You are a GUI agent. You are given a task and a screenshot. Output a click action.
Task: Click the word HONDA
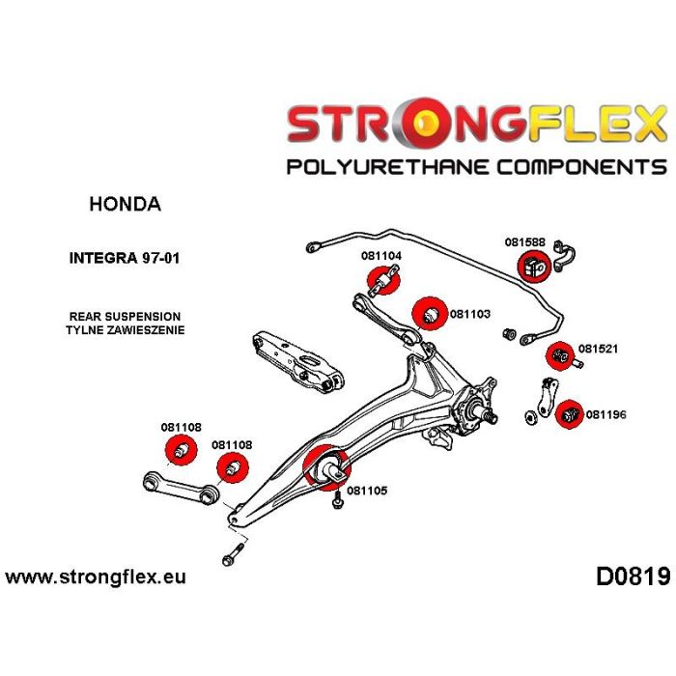coord(126,205)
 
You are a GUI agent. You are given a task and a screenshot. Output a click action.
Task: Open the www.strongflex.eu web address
coord(96,577)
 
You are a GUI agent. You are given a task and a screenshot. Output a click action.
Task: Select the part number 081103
coord(470,314)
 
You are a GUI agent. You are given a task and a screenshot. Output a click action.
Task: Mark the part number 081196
coord(606,415)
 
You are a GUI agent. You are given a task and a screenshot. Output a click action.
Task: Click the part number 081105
coord(367,490)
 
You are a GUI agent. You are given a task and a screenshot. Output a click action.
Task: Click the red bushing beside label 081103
coord(428,314)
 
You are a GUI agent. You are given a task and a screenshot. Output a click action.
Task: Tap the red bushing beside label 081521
coord(558,356)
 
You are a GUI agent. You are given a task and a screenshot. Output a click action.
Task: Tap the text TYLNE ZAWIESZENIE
coord(125,329)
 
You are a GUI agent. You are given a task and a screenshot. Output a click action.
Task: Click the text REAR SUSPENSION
coord(125,316)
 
